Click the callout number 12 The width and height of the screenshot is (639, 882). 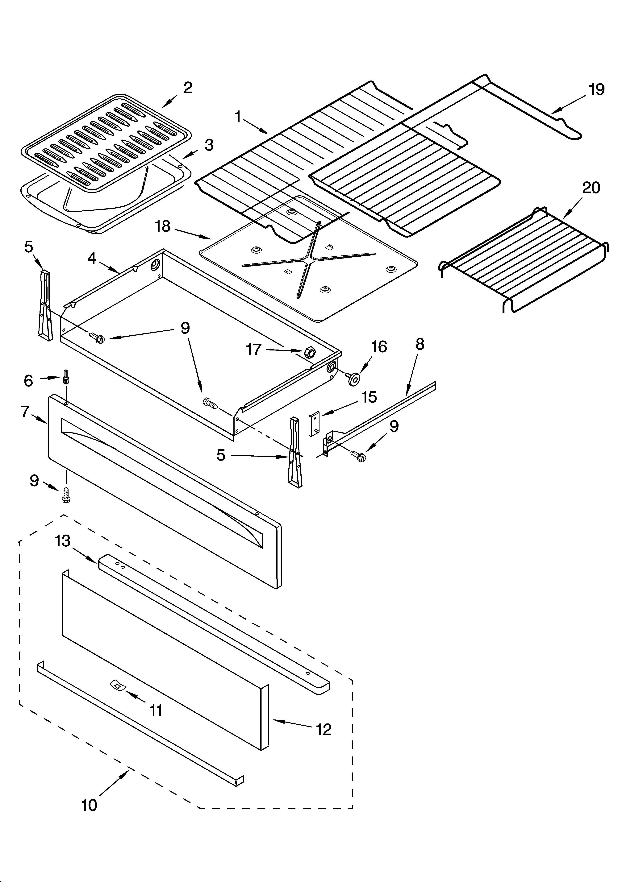coord(323,730)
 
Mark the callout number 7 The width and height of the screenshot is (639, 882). coord(25,412)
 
